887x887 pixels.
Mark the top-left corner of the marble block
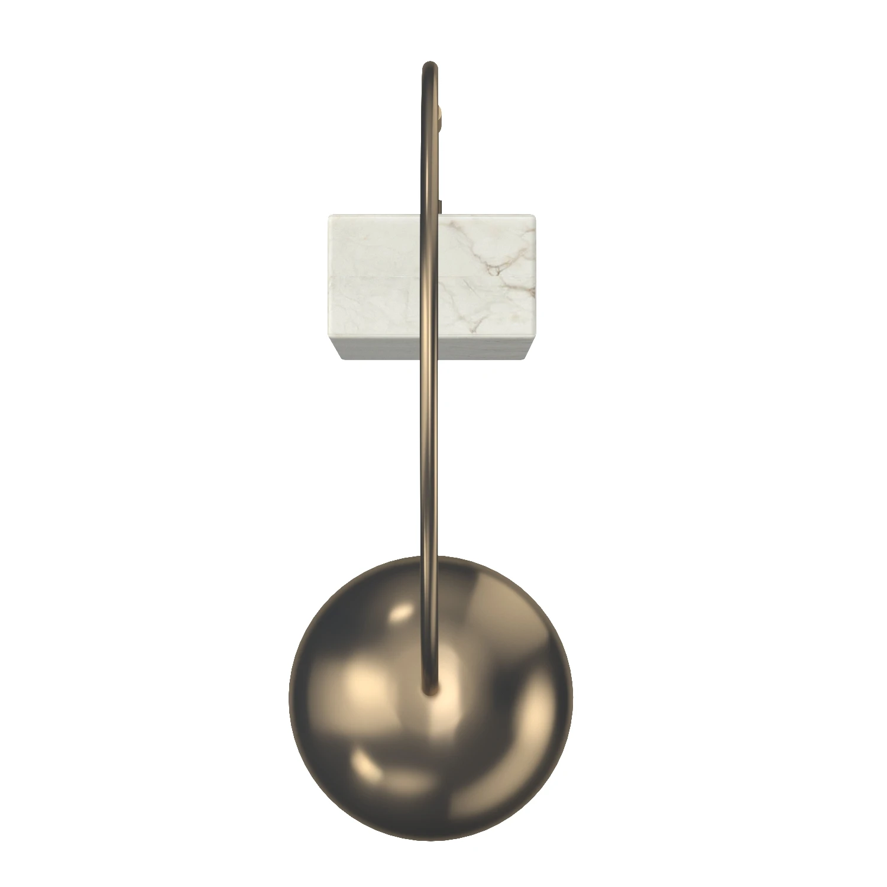329,216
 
